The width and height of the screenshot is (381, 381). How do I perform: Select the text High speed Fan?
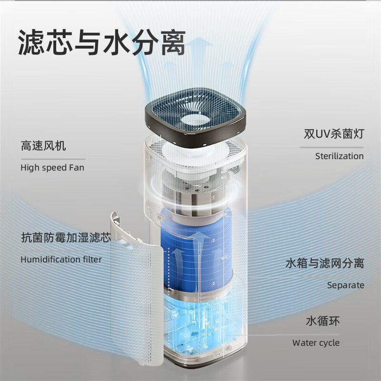pyautogui.click(x=52, y=167)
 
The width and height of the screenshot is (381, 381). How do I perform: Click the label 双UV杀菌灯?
pyautogui.click(x=333, y=134)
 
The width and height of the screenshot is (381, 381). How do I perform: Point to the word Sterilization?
pyautogui.click(x=339, y=156)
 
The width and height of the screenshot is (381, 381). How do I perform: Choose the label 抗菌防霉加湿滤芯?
pyautogui.click(x=65, y=237)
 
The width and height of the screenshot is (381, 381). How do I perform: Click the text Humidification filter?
pyautogui.click(x=61, y=259)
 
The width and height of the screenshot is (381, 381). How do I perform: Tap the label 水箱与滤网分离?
pyautogui.click(x=324, y=263)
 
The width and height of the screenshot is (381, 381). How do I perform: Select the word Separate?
pyautogui.click(x=345, y=285)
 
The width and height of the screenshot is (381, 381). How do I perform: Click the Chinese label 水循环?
pyautogui.click(x=322, y=321)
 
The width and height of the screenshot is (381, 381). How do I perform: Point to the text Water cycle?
pyautogui.click(x=316, y=343)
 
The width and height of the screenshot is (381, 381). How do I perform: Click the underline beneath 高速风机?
pyautogui.click(x=52, y=159)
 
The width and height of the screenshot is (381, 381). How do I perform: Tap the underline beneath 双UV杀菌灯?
pyautogui.click(x=331, y=147)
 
